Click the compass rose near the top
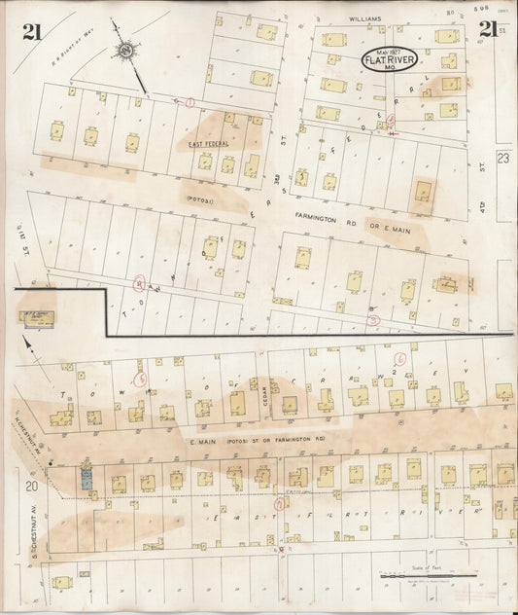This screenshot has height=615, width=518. click(x=126, y=52)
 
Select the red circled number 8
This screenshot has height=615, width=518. click(x=139, y=284)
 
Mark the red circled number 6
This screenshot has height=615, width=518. click(x=399, y=358)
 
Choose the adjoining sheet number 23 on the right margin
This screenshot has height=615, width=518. click(x=503, y=157)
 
